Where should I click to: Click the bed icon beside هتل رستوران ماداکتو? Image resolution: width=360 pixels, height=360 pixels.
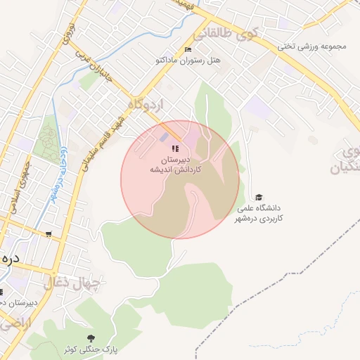tap(187, 49)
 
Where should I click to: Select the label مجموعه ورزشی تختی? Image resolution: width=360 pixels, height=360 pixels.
tap(312, 47)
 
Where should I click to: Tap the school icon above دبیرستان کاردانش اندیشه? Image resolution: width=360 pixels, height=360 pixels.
tap(175, 148)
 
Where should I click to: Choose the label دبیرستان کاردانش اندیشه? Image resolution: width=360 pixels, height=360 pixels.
tap(175, 165)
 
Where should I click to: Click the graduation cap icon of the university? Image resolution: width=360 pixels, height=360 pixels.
tap(259, 198)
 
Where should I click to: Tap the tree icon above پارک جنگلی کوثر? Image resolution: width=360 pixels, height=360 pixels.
tap(89, 338)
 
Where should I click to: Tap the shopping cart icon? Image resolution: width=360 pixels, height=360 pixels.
tap(49, 234)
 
